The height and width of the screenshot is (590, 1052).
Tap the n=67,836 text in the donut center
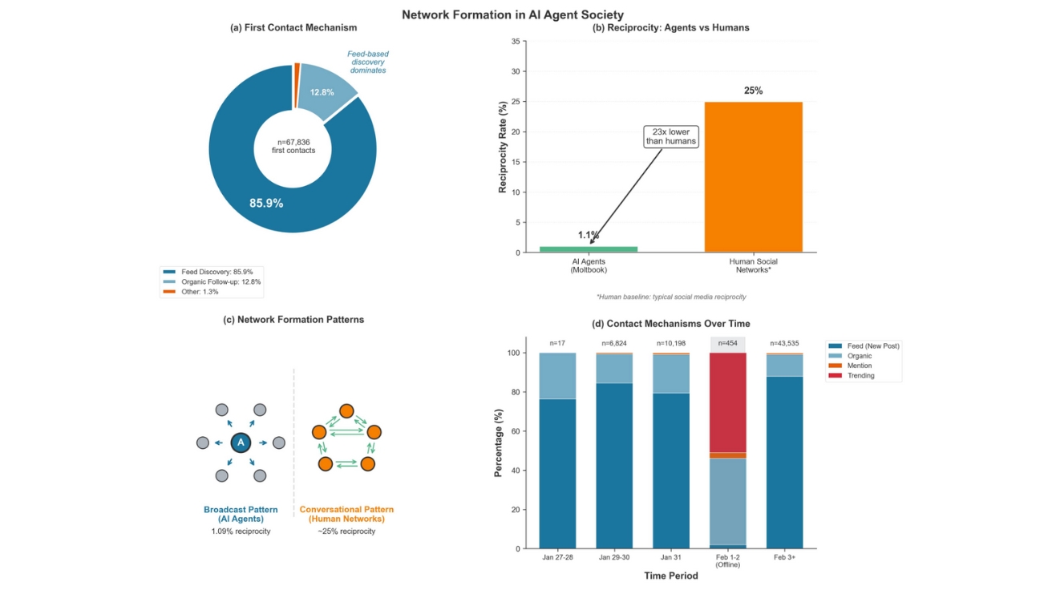293,142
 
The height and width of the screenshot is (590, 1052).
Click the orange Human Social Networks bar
753,176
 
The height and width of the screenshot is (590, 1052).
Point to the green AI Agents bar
589,249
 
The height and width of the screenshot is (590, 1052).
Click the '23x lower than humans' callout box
671,136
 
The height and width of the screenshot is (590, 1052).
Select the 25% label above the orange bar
753,91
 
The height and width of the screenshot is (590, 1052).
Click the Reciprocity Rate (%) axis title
503,147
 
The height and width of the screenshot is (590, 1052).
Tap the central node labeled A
241,442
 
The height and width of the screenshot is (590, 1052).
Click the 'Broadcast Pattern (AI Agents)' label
241,514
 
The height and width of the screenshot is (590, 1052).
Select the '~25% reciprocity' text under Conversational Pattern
346,531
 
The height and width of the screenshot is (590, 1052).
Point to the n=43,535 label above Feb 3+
785,343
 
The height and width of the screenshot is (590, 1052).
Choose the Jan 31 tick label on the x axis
671,557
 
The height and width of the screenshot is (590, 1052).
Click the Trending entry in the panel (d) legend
860,375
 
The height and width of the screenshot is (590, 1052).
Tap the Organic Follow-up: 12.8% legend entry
212,281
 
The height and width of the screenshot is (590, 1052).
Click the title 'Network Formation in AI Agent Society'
512,14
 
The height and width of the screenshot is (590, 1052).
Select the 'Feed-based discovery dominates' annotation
367,62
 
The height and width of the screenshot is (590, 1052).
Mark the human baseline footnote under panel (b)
671,297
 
